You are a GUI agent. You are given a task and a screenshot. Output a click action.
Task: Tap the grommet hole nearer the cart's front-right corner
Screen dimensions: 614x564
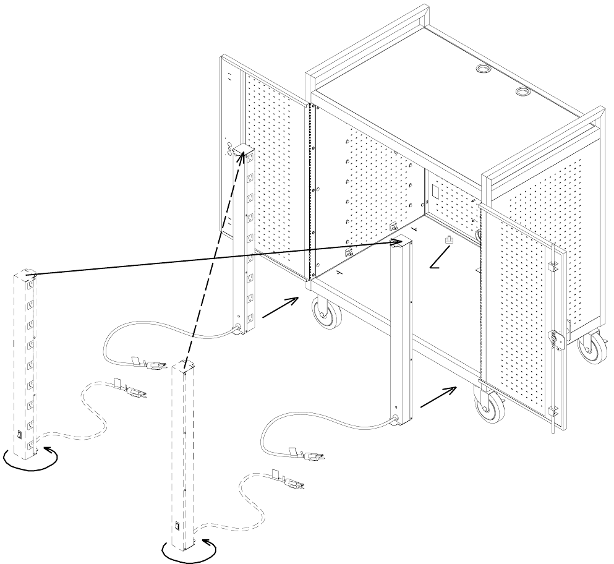pos(522,93)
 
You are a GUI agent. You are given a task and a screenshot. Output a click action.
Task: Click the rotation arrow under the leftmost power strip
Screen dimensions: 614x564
pos(31,459)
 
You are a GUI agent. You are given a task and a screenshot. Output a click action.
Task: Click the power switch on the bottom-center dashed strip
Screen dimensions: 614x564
pos(176,528)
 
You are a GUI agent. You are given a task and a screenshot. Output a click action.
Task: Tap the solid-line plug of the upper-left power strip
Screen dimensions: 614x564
pos(152,365)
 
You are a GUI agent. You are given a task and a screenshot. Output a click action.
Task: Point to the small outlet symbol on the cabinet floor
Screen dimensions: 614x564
pos(448,239)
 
